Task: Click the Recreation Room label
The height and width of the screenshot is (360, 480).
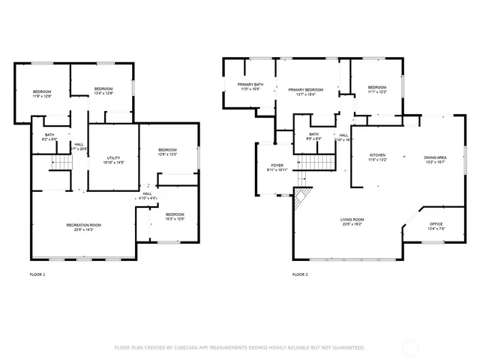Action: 84,225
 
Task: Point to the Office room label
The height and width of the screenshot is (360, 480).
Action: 436,224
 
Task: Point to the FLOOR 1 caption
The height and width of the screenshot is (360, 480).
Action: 37,274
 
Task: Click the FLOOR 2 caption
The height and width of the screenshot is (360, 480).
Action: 300,274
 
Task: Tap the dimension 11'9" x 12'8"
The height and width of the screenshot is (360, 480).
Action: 42,96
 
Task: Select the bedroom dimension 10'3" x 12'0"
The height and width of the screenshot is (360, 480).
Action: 175,219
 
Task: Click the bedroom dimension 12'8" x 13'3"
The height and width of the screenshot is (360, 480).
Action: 166,154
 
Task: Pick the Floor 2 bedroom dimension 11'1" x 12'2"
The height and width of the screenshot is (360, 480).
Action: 376,91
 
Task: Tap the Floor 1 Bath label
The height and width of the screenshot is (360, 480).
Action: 49,134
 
